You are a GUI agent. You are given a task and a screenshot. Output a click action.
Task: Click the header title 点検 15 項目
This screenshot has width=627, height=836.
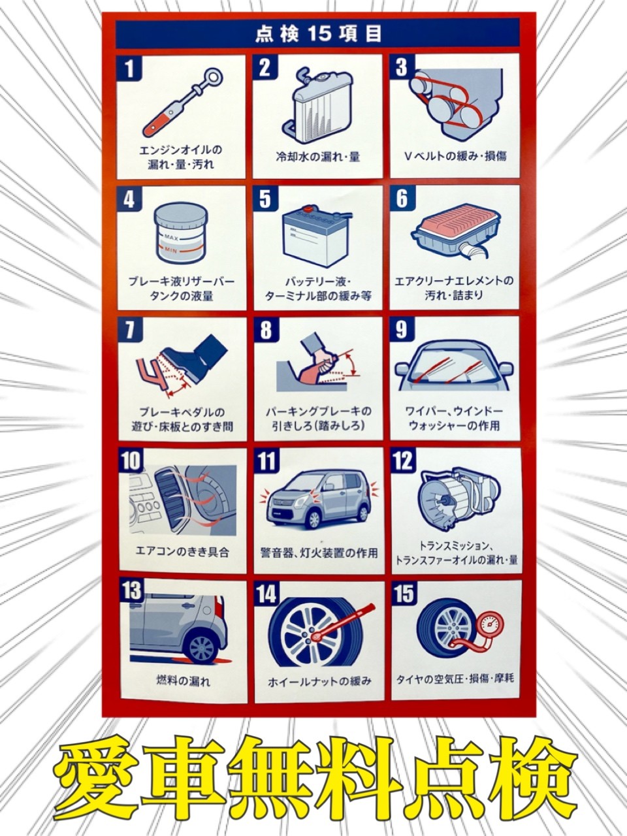tap(318, 34)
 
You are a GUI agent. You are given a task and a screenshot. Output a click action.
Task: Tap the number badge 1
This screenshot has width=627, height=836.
tap(129, 69)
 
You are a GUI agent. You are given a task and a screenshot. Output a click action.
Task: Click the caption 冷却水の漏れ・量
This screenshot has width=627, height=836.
tap(318, 157)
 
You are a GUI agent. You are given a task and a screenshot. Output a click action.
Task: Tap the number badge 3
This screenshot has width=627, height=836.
tap(401, 67)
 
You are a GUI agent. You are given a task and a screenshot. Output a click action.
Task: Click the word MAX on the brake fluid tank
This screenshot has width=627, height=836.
tap(171, 237)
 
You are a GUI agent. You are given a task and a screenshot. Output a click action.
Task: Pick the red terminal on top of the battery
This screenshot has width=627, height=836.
tap(308, 209)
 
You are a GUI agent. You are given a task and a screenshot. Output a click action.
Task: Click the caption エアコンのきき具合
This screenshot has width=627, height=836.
tap(182, 551)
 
